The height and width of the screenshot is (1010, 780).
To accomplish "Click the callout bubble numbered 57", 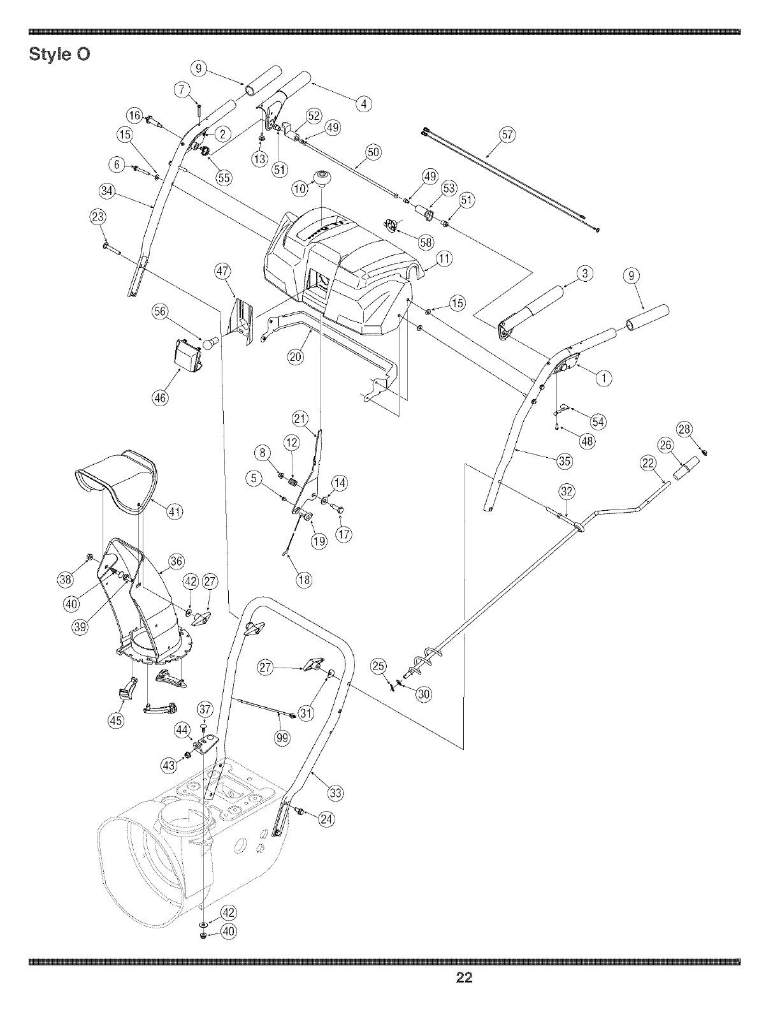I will point(507,135).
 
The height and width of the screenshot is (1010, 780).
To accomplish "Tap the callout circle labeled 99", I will point(282,738).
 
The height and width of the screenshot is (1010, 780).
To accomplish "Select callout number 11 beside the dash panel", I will point(444,258).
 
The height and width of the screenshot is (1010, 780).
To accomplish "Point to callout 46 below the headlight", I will point(160,399).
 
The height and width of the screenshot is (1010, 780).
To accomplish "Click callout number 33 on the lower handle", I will point(335,793).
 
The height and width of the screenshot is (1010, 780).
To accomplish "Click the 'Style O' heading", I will point(60,55).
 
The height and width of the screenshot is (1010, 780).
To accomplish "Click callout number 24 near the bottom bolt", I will point(326,819).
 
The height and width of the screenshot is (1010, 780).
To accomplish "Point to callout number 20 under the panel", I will point(295,357).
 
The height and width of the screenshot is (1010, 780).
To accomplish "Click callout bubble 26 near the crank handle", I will point(665,445).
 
